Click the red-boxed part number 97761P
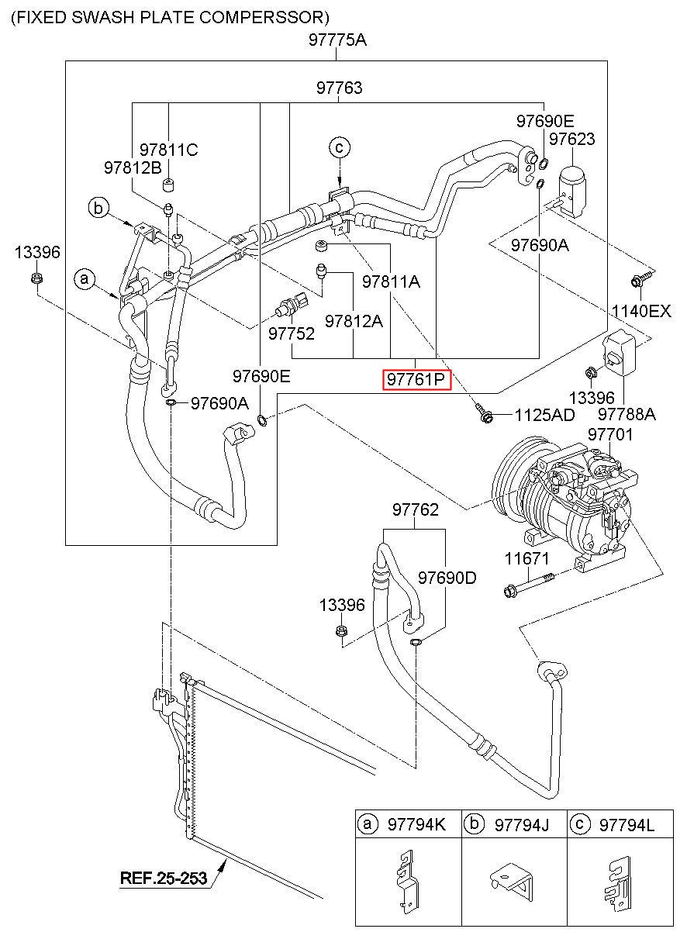(416, 380)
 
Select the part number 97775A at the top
(337, 40)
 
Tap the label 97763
(339, 88)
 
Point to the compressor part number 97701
(610, 434)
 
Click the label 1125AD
(544, 415)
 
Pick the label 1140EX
(641, 311)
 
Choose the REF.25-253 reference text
(164, 878)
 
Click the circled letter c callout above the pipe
(339, 147)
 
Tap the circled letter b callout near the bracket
(98, 208)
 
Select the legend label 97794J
(521, 825)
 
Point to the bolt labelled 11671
(530, 583)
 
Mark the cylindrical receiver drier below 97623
(572, 190)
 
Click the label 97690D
(447, 578)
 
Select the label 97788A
(627, 414)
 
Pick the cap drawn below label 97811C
(168, 184)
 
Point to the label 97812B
(133, 167)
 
